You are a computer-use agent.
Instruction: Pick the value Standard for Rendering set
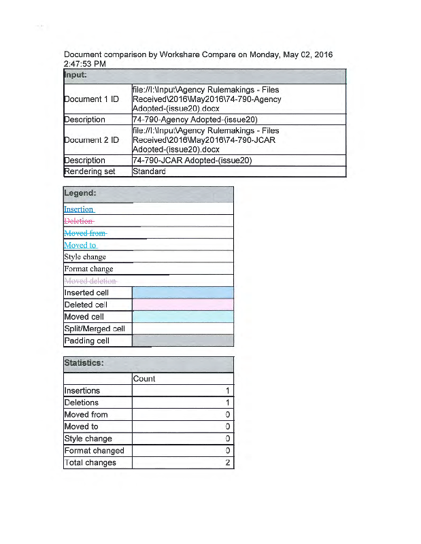[x=149, y=171]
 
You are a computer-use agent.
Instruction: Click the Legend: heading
[x=80, y=194]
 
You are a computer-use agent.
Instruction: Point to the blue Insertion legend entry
[x=79, y=209]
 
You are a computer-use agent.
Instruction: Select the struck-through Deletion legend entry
[x=79, y=221]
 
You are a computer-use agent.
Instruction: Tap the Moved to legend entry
[x=80, y=245]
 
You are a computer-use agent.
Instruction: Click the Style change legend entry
[x=85, y=257]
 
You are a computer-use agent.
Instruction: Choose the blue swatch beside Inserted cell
[x=182, y=292]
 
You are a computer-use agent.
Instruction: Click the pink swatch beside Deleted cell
[x=182, y=305]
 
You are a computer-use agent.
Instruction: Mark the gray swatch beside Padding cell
[x=182, y=341]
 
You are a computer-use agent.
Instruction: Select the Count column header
[x=144, y=379]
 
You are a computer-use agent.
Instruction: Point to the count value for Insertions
[x=226, y=391]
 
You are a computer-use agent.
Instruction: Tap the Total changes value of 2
[x=226, y=463]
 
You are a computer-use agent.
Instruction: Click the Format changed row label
[x=94, y=451]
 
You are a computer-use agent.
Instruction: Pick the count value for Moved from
[x=226, y=415]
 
